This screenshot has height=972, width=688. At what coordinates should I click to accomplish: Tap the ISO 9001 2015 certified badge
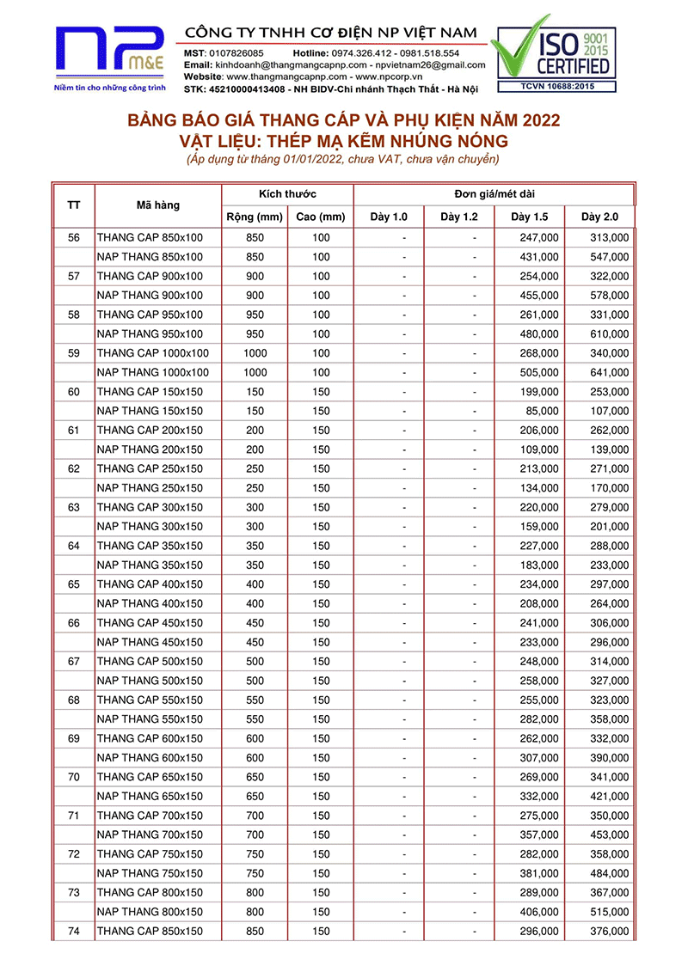[x=554, y=52]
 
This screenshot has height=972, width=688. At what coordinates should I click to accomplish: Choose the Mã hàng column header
[x=158, y=205]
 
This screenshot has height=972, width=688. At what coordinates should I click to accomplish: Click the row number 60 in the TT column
[x=73, y=392]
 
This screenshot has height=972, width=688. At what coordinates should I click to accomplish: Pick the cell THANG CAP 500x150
[x=150, y=662]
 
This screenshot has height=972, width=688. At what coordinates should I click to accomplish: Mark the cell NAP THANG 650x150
[x=150, y=797]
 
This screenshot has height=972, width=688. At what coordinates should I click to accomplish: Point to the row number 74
[x=73, y=932]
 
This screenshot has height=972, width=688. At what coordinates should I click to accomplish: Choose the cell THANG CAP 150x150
[x=150, y=392]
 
